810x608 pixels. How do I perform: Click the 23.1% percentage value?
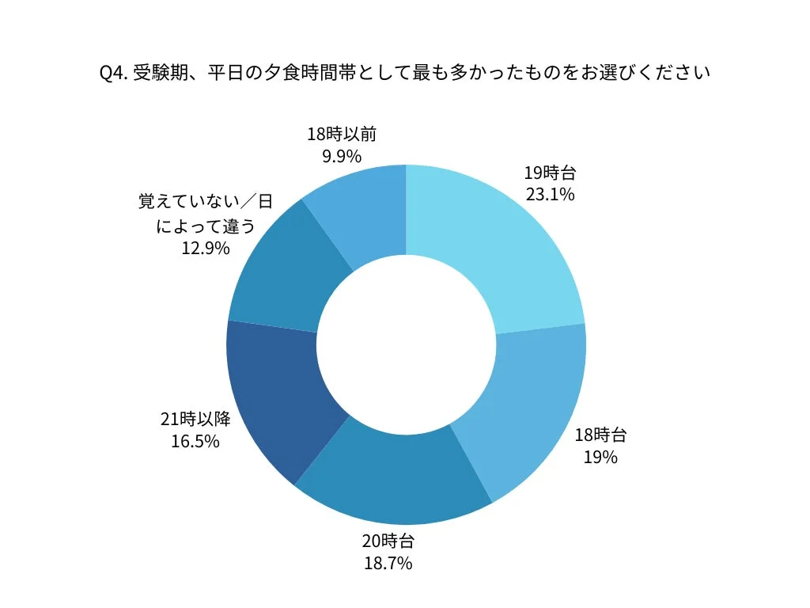(550, 194)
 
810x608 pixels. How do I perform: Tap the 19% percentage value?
(600, 457)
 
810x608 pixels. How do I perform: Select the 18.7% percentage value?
(388, 564)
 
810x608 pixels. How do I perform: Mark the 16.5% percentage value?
(195, 441)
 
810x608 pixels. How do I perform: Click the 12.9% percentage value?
(206, 249)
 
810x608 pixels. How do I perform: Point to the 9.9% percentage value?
(342, 155)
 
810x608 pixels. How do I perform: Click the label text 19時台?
(550, 173)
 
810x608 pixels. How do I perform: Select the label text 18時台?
(600, 435)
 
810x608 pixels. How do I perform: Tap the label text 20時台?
(388, 541)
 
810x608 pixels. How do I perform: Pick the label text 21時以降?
(195, 419)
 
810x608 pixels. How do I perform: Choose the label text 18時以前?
(342, 133)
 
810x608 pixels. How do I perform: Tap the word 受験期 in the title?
(157, 73)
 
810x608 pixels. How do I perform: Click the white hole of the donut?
(406, 345)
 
